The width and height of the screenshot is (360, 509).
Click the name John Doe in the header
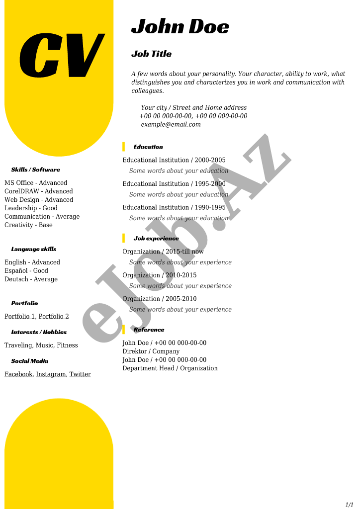click(x=180, y=26)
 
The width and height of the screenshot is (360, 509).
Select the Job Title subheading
click(x=151, y=54)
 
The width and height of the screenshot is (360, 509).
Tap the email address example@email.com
click(x=171, y=124)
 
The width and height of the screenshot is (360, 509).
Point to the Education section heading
click(x=148, y=147)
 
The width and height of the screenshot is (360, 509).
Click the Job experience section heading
click(x=156, y=239)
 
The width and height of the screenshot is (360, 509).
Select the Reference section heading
click(x=149, y=330)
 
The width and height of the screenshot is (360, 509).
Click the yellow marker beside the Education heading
click(x=123, y=147)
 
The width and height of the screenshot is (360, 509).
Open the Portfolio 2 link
click(x=54, y=317)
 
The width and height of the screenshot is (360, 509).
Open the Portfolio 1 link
click(x=20, y=317)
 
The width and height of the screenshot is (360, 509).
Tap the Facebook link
click(x=18, y=374)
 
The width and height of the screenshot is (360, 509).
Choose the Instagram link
click(x=51, y=374)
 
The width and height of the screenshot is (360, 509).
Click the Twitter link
click(x=80, y=374)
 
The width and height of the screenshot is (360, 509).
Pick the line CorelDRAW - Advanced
click(x=39, y=191)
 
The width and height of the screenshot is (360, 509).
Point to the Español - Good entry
click(x=26, y=271)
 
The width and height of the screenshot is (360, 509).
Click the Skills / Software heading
click(x=35, y=170)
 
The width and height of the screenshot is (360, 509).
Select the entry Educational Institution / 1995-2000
click(x=174, y=184)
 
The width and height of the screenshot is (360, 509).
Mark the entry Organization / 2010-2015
click(x=159, y=275)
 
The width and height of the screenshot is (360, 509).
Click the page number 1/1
click(x=349, y=505)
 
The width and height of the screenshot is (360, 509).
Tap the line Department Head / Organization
click(x=170, y=368)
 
